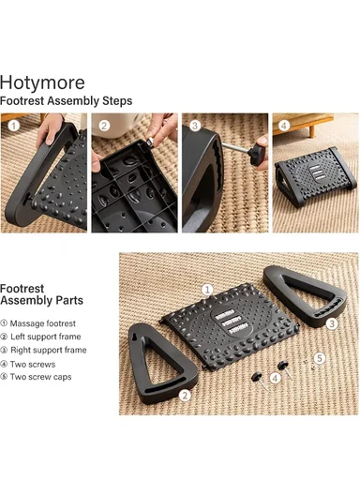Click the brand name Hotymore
tap(42, 82)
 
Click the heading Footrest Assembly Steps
tap(66, 101)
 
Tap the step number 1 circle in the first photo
tap(13, 126)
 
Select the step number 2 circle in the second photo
tap(104, 126)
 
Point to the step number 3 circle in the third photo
tap(195, 126)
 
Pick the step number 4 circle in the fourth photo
tap(284, 126)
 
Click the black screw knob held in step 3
tap(258, 154)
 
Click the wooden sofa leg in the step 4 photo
tap(311, 130)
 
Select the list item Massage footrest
tap(37, 323)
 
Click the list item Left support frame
tap(40, 337)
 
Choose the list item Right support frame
tap(43, 350)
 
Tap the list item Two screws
tap(28, 365)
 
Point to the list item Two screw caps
tap(36, 377)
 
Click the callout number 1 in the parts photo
tap(207, 290)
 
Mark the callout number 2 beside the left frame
tap(185, 396)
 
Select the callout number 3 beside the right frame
tap(332, 323)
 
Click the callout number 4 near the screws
tap(276, 378)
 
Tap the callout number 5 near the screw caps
tap(320, 358)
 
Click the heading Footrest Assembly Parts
tap(41, 294)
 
